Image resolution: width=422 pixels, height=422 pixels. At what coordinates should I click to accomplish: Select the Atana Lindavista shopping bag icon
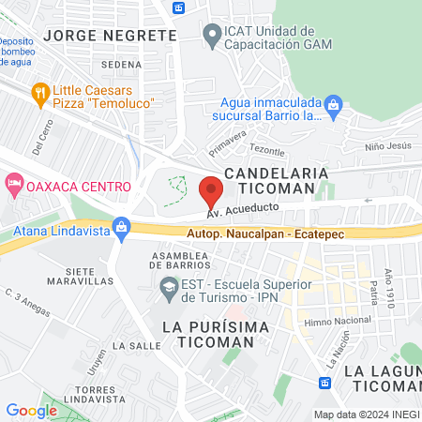(120, 226)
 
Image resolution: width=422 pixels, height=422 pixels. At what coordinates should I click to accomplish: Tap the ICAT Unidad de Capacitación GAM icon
(211, 36)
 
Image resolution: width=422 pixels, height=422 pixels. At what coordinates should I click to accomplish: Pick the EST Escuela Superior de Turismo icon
(170, 285)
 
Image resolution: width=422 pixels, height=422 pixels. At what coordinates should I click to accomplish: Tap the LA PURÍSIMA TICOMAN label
(215, 335)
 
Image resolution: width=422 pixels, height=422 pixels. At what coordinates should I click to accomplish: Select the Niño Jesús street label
(387, 145)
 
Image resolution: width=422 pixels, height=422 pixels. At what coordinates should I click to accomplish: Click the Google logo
(31, 410)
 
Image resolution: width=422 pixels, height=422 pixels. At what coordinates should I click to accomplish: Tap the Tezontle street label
(266, 150)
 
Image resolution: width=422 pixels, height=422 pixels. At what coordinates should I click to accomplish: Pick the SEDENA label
(119, 65)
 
